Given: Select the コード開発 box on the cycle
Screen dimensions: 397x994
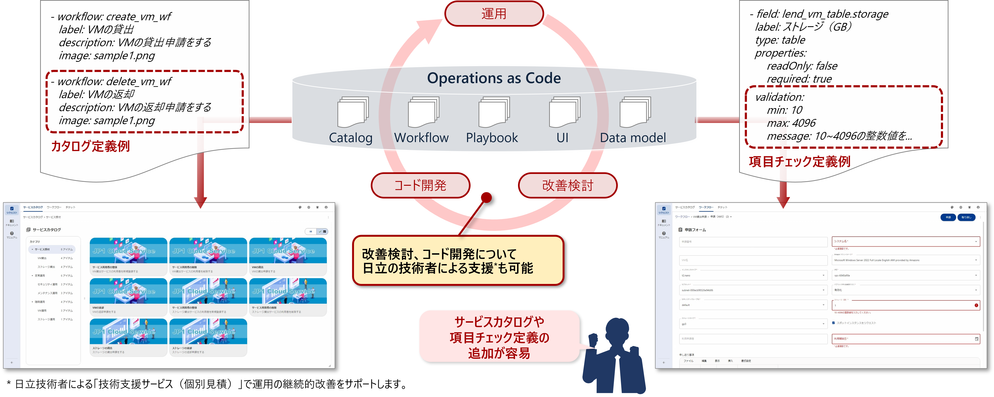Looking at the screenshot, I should tap(420, 185).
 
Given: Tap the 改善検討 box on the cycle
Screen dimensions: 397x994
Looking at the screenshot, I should tap(567, 185).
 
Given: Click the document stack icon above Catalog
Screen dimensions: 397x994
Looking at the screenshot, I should tap(352, 112).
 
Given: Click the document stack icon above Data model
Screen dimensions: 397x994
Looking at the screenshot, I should tap(635, 112).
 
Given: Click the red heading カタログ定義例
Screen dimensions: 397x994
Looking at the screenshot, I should tap(90, 146).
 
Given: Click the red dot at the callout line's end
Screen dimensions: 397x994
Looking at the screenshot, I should tap(487, 198).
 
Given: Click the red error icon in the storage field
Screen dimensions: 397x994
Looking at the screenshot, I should tap(976, 305).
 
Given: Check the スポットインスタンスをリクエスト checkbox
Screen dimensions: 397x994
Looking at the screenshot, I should tap(834, 323).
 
